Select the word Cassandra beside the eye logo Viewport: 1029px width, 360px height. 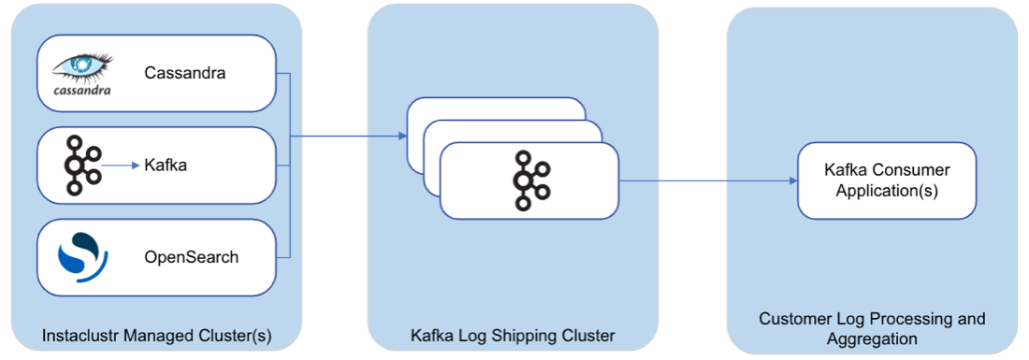click(x=185, y=73)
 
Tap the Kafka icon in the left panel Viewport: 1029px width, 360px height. click(x=84, y=166)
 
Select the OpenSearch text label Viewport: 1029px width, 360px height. click(x=192, y=257)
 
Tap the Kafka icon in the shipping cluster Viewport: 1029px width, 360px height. click(x=529, y=179)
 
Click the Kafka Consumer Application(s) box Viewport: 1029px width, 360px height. click(x=886, y=180)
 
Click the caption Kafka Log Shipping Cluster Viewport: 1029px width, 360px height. click(x=513, y=335)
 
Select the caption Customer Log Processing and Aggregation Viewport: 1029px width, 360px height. click(x=872, y=328)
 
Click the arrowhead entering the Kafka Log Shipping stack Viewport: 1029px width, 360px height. click(x=401, y=137)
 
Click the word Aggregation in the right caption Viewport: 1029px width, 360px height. click(x=872, y=338)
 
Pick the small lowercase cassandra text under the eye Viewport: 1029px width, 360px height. click(x=81, y=91)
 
